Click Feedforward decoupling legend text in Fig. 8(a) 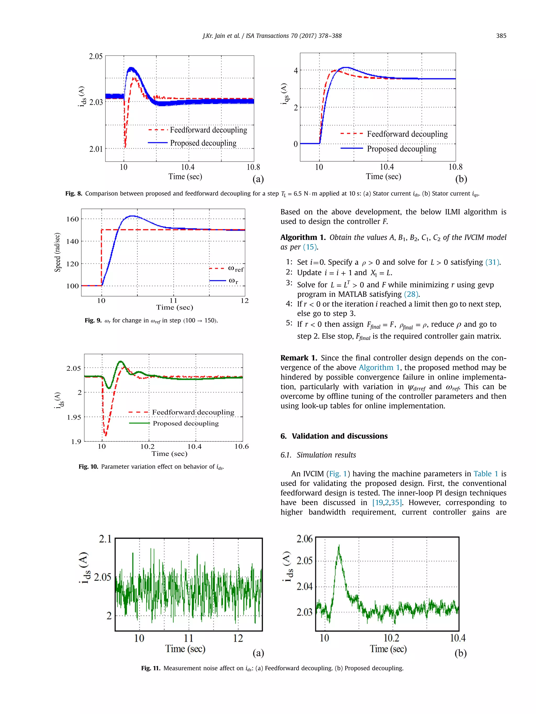(x=208, y=130)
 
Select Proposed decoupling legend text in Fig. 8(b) (x=401, y=149)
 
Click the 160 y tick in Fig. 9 (x=72, y=219)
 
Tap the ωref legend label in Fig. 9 (x=236, y=269)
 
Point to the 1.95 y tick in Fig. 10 (x=74, y=417)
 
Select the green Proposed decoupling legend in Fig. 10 (x=186, y=424)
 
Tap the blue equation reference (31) (x=492, y=262)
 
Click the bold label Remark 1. (x=299, y=358)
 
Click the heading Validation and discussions (x=339, y=436)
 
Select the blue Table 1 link (x=485, y=474)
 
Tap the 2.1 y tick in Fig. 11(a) (x=105, y=539)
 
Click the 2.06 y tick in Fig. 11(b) (x=304, y=539)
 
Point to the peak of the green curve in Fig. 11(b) (x=339, y=546)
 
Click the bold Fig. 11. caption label (x=150, y=668)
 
